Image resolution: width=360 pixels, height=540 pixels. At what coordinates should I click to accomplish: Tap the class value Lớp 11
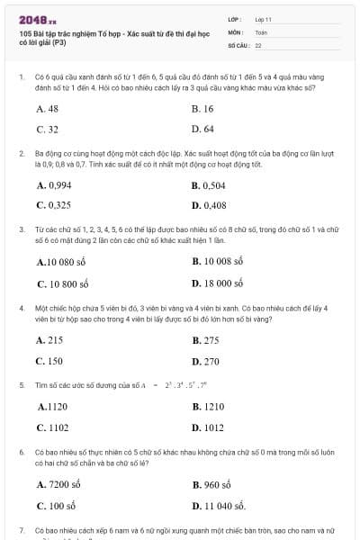(264, 19)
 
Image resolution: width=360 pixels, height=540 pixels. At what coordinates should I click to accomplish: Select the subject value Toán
(261, 31)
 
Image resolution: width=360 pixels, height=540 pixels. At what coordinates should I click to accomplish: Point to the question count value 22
(258, 44)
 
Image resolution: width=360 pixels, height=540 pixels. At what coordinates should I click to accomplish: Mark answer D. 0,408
(209, 205)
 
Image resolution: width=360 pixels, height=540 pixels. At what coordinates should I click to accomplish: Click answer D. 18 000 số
(219, 283)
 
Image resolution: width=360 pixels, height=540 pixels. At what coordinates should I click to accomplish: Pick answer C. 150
(49, 361)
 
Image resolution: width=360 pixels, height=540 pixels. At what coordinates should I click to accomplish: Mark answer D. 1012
(208, 427)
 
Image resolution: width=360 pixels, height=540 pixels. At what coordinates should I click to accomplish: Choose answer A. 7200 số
(59, 484)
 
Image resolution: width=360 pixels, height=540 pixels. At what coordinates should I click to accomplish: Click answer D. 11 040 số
(220, 505)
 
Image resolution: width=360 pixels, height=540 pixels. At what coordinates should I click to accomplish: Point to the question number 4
(21, 308)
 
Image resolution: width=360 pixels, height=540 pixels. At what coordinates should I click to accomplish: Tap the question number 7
(21, 531)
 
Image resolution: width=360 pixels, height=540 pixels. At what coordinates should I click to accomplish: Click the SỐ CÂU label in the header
(238, 44)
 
